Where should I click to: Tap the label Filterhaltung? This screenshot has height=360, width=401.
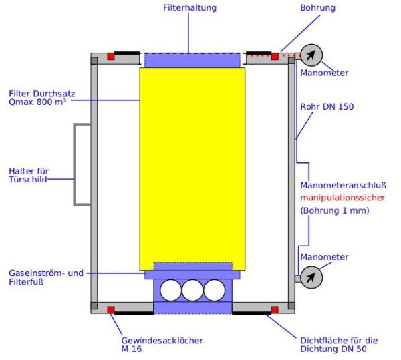click(x=189, y=8)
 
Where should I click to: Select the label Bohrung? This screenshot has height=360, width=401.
click(x=318, y=8)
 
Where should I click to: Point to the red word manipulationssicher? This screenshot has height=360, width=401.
click(x=334, y=198)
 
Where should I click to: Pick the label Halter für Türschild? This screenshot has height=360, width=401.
click(x=29, y=176)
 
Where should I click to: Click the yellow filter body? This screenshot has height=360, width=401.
click(x=192, y=167)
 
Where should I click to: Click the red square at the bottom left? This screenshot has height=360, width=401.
click(x=111, y=309)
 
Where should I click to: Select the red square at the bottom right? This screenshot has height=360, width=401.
click(x=274, y=309)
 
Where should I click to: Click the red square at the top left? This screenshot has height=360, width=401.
click(x=111, y=56)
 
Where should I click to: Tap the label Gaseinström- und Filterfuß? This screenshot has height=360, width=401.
click(x=46, y=278)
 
